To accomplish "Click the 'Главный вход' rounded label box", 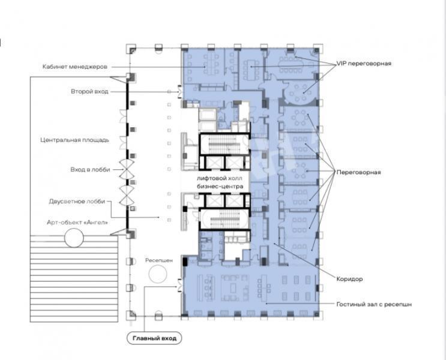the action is (x=154, y=338).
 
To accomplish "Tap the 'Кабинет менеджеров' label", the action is (x=75, y=67).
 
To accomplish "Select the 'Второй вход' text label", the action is (x=89, y=92).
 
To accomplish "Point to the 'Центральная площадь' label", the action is (x=74, y=140).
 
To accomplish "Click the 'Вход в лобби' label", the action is (x=90, y=169).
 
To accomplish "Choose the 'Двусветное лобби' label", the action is (x=77, y=202).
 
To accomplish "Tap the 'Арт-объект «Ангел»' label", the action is (x=77, y=222).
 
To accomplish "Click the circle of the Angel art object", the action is (x=74, y=238).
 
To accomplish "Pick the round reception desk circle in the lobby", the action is (x=158, y=274).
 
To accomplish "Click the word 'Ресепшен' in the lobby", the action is (x=159, y=260).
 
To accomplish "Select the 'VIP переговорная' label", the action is (x=364, y=63).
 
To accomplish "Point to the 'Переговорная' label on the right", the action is (x=358, y=172).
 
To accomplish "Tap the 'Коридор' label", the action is (x=349, y=278).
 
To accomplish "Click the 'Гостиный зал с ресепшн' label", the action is (x=374, y=304).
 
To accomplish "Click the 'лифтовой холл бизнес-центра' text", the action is (x=220, y=182).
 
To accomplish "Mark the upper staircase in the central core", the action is (x=225, y=144).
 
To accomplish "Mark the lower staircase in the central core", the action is (x=225, y=219).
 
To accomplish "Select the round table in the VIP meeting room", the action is (x=298, y=92).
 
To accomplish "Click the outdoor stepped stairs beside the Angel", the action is (x=74, y=278).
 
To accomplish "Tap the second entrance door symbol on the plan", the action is (x=179, y=92).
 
